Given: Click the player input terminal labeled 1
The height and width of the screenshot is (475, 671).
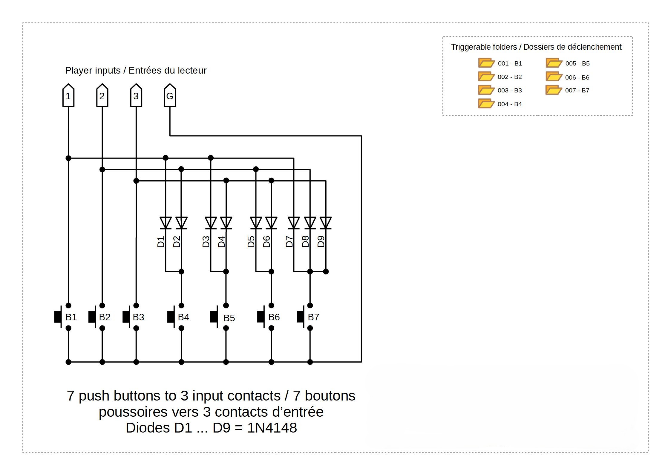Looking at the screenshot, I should (x=68, y=95).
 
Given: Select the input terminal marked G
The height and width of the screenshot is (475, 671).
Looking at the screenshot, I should (x=170, y=95).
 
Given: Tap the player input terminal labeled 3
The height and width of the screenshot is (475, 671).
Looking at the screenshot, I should (x=136, y=95).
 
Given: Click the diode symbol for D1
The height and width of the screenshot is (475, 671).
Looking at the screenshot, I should (x=166, y=223).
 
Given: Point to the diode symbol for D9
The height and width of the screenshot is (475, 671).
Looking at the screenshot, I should (x=326, y=223).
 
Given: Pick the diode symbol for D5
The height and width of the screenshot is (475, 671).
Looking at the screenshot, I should (x=256, y=223).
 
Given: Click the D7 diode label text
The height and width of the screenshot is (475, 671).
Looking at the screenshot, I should (x=289, y=241).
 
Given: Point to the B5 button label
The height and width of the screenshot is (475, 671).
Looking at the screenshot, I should (x=229, y=318).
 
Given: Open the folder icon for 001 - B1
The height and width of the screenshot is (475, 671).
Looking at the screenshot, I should (x=486, y=63).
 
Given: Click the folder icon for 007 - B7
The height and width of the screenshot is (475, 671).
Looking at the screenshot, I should (x=553, y=90).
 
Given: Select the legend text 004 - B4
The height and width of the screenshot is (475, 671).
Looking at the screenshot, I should (x=510, y=104).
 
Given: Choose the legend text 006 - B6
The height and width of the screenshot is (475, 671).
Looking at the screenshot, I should (x=577, y=77).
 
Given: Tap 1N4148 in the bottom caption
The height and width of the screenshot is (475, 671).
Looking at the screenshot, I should (x=272, y=428).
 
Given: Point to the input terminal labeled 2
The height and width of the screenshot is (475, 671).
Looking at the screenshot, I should (x=102, y=95).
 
